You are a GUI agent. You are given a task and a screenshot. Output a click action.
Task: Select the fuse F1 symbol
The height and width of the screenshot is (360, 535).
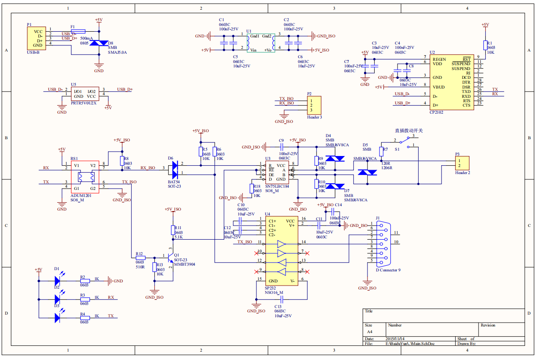(78, 31)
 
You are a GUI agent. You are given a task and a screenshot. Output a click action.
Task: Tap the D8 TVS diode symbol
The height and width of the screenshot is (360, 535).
(98, 43)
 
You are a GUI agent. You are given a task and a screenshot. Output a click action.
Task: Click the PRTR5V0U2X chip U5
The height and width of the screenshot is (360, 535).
(85, 94)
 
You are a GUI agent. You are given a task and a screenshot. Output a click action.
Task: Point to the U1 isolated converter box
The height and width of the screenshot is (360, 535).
(260, 43)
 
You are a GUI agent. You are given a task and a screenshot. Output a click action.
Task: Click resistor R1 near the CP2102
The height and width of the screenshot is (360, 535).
(485, 45)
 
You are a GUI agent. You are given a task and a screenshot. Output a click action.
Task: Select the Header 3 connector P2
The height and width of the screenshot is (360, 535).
(314, 105)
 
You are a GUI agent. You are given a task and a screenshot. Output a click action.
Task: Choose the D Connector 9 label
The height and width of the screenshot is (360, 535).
(388, 270)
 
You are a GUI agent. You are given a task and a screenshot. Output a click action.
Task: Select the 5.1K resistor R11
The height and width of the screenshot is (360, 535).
(173, 230)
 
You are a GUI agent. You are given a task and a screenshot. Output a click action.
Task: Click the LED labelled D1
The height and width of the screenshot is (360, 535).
(57, 280)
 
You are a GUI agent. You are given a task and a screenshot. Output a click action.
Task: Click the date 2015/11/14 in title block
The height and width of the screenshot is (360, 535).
(394, 338)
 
